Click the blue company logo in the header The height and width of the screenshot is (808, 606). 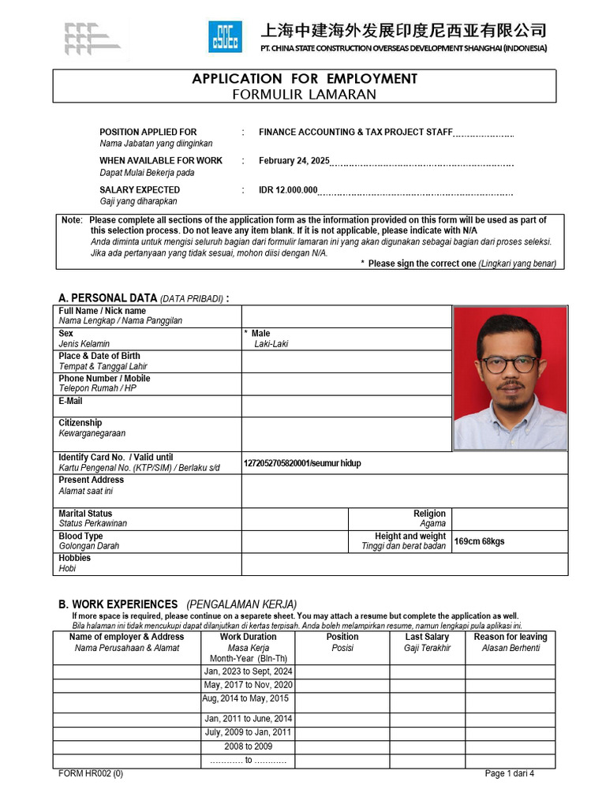225,37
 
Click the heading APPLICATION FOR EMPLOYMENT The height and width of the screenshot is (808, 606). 305,79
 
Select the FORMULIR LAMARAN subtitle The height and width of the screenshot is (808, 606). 305,95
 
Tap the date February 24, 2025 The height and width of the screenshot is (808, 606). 294,161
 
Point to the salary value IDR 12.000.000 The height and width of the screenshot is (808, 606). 288,190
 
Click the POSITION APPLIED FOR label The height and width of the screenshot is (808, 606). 148,132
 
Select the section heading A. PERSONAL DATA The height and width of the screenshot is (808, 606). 108,298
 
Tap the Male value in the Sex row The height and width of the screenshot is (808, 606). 260,334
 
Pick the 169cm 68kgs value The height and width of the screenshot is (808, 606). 479,541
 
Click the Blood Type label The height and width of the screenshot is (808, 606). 80,536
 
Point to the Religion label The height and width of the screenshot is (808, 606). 429,514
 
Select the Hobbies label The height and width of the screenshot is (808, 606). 74,558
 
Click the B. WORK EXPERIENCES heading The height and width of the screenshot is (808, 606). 118,604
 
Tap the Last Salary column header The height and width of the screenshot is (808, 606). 427,637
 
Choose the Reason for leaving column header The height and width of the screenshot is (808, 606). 510,637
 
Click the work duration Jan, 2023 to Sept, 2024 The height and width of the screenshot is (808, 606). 248,671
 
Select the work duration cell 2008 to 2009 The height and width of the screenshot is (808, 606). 248,746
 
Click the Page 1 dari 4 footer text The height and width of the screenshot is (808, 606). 509,773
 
